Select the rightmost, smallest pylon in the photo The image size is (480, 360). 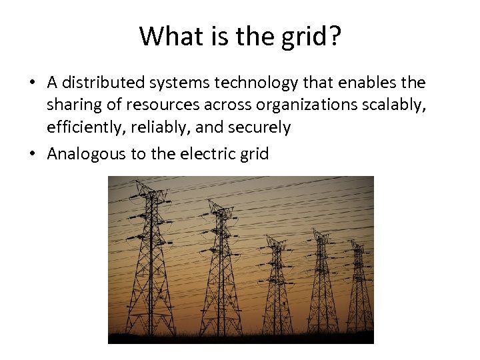coord(359,287)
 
